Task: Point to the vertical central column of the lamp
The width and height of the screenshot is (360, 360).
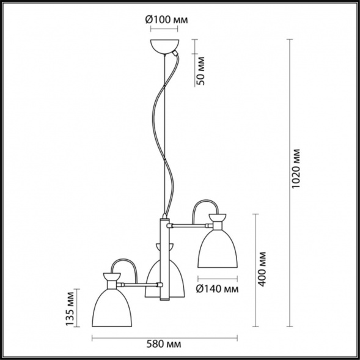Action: [x=164, y=257]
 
